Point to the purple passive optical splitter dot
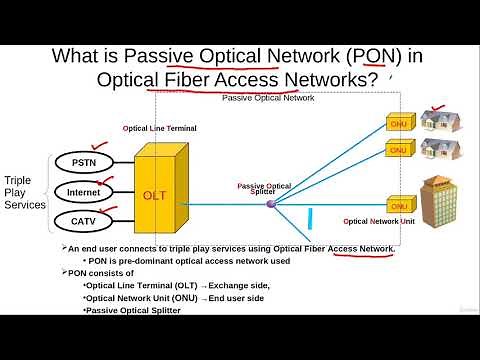coord(269,203)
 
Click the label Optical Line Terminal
coord(160,129)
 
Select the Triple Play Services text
coord(25,189)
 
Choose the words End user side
coord(239,298)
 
